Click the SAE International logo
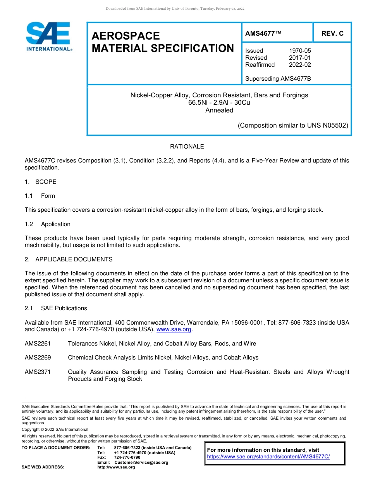coord(48,36)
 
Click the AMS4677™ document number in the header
coord(263,33)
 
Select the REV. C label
coord(332,33)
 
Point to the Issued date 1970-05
coord(300,51)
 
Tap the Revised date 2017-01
coord(300,58)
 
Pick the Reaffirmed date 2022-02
coord(300,65)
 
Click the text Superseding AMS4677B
coord(278,79)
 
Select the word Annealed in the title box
coord(219,110)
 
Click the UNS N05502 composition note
coord(293,125)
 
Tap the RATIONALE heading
coord(187,147)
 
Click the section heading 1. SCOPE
coord(41,182)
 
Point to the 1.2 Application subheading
coord(48,224)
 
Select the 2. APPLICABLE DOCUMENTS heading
coord(69,259)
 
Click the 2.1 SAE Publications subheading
coord(56,308)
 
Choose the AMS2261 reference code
coord(38,344)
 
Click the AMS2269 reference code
coord(38,358)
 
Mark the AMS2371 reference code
coord(38,372)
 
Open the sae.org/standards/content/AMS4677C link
coord(268,457)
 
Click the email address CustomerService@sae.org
coord(141,462)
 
